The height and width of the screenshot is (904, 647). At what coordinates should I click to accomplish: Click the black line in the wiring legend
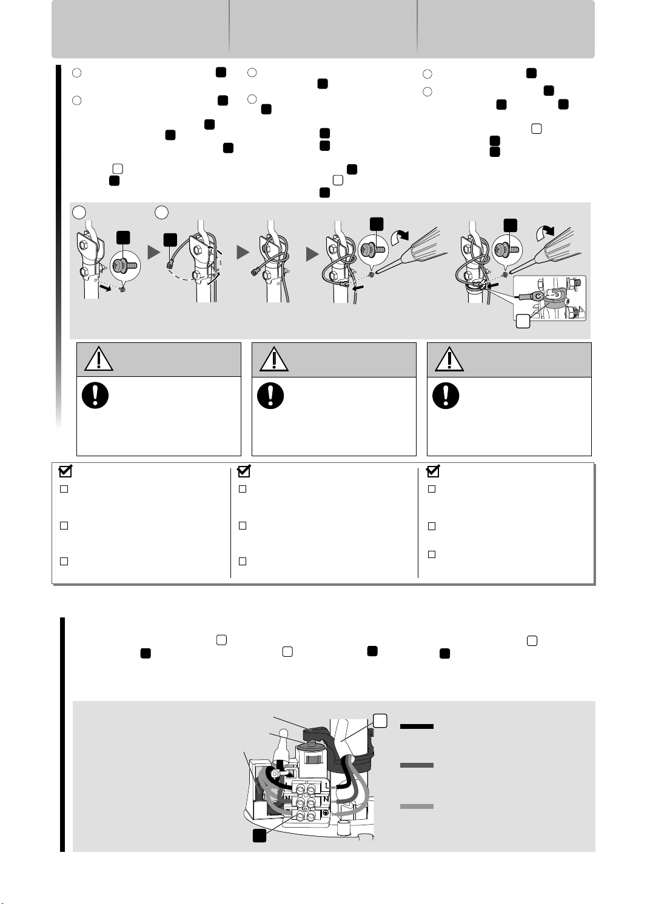click(417, 726)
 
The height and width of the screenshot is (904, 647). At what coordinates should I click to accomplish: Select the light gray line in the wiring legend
click(417, 806)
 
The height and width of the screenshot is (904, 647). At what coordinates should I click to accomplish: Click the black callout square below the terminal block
click(260, 836)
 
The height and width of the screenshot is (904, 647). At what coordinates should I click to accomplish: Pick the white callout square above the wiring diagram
click(380, 721)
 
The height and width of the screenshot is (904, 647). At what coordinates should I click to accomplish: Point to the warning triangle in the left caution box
click(99, 359)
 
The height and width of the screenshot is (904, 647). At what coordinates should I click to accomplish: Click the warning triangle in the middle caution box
click(274, 359)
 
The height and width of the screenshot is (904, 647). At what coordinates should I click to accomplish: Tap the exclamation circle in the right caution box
click(446, 396)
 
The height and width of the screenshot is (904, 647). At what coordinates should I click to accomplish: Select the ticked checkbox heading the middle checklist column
click(244, 471)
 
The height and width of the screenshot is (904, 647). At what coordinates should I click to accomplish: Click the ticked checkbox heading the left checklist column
click(65, 471)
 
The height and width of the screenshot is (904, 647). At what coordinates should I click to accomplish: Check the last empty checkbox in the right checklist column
click(432, 554)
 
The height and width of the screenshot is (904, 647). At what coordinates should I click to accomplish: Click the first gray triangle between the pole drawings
click(154, 253)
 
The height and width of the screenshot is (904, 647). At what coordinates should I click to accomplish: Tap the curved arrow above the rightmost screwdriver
click(545, 233)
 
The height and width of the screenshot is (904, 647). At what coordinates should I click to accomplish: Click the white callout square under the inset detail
click(523, 321)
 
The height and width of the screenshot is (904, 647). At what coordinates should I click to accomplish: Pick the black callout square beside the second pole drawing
click(170, 240)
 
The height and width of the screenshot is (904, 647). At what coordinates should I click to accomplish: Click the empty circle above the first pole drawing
click(79, 212)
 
